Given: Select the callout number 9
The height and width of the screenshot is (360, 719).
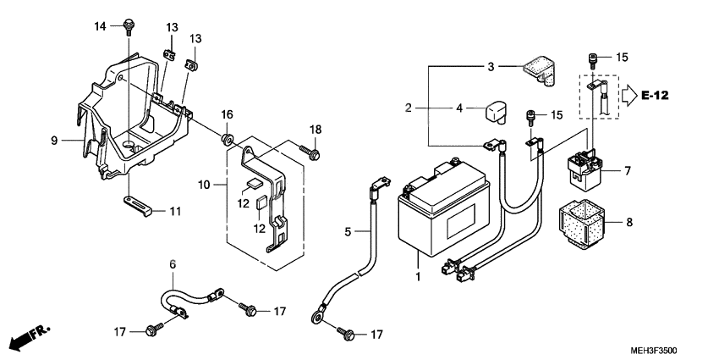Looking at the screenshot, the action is point(54,141).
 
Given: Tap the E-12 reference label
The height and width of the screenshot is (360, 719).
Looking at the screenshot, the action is point(655,96).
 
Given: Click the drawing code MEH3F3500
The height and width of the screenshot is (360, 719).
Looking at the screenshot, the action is point(653,351).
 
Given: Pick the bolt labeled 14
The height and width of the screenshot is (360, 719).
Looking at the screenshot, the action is point(129,26).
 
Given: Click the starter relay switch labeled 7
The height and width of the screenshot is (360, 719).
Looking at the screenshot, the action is point(589,169).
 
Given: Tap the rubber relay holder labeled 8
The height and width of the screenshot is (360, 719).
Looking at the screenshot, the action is point(581,224).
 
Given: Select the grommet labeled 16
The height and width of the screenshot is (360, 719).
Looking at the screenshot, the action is point(227,139).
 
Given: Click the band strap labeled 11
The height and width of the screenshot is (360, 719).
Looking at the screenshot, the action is point(137,206).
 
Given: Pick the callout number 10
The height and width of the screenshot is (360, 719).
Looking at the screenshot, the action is point(204,185).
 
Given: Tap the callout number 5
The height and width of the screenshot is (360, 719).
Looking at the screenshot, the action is point(347,232).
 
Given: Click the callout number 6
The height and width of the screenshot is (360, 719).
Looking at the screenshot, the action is point(173,264).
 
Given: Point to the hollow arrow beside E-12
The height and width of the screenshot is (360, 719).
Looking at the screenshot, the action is point(629,96).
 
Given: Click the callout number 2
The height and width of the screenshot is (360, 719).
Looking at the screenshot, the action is point(408,108).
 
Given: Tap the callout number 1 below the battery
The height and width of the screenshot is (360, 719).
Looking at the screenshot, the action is point(417,277).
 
